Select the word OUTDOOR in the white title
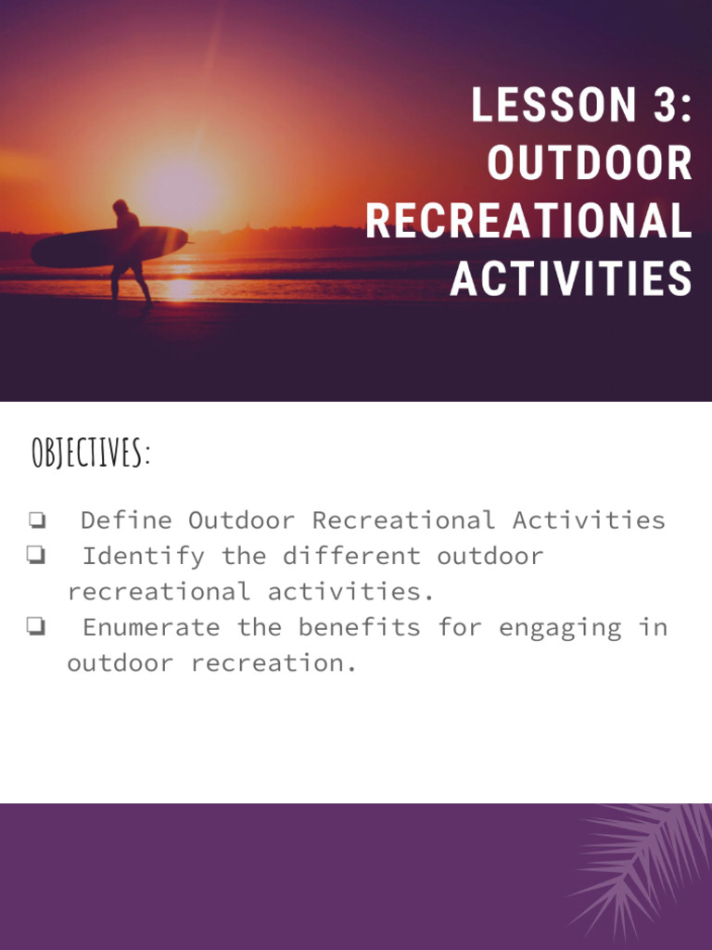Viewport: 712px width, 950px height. (590, 163)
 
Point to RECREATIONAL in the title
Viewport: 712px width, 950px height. (528, 221)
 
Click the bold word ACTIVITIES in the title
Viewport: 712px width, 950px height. (571, 278)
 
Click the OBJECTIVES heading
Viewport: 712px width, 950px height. (90, 454)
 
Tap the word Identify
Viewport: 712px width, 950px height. (143, 556)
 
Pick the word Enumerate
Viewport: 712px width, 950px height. (151, 627)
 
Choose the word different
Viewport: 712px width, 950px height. (351, 556)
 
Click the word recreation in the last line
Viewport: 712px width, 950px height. (273, 663)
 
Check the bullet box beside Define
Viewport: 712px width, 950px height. (37, 520)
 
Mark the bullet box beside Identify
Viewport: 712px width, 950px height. (37, 557)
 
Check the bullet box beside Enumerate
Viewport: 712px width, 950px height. (37, 628)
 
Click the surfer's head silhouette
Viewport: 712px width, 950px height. (121, 207)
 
